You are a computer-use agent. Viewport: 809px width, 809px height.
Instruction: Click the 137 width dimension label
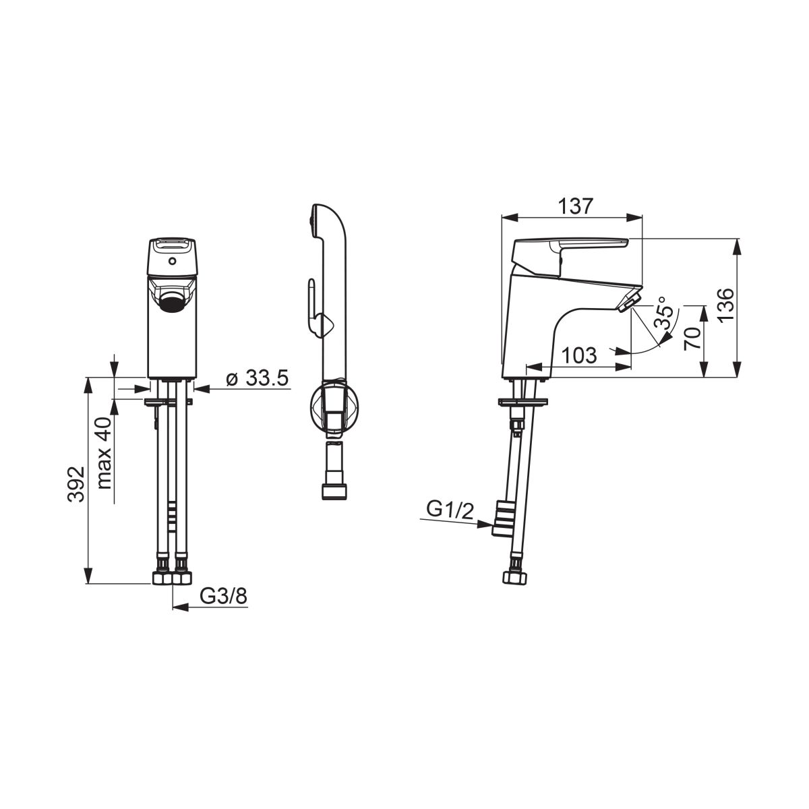click(575, 206)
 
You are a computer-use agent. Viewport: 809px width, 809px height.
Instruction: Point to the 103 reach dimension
click(579, 355)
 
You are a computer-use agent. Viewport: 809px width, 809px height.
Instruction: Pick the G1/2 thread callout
click(450, 510)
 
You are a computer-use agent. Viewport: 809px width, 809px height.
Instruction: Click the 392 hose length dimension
click(77, 483)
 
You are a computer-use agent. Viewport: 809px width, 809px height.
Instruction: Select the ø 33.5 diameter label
click(258, 378)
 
